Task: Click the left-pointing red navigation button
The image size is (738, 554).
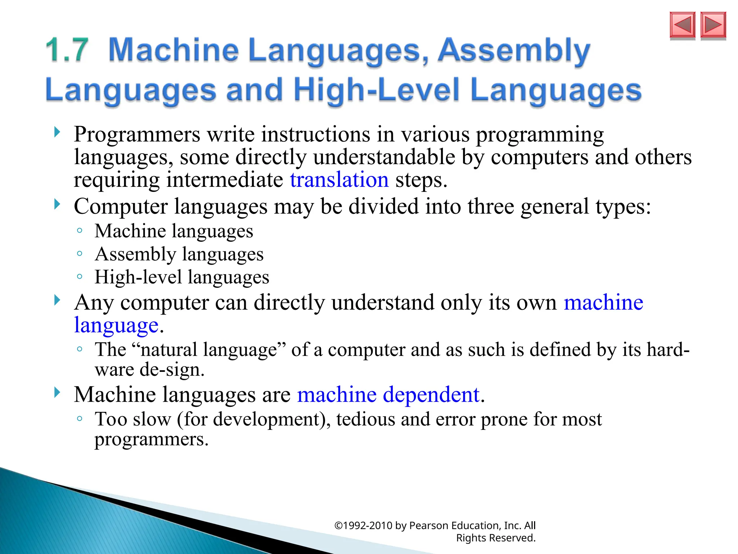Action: click(682, 25)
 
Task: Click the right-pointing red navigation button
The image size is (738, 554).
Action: click(713, 25)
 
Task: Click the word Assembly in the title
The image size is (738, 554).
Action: click(514, 50)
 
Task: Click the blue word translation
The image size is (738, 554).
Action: click(339, 180)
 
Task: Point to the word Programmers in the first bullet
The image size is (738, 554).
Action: click(137, 135)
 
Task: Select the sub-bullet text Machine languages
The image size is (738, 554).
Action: click(174, 231)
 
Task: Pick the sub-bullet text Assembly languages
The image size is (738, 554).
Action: click(179, 254)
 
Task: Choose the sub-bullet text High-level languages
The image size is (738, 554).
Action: click(182, 277)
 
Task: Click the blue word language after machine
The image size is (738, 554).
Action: click(116, 325)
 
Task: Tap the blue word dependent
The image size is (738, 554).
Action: click(431, 394)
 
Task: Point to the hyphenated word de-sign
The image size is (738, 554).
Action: click(172, 370)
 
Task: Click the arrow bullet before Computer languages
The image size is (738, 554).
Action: click(57, 205)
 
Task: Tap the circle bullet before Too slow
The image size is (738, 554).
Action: click(80, 419)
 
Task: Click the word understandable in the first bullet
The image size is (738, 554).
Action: click(384, 157)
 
